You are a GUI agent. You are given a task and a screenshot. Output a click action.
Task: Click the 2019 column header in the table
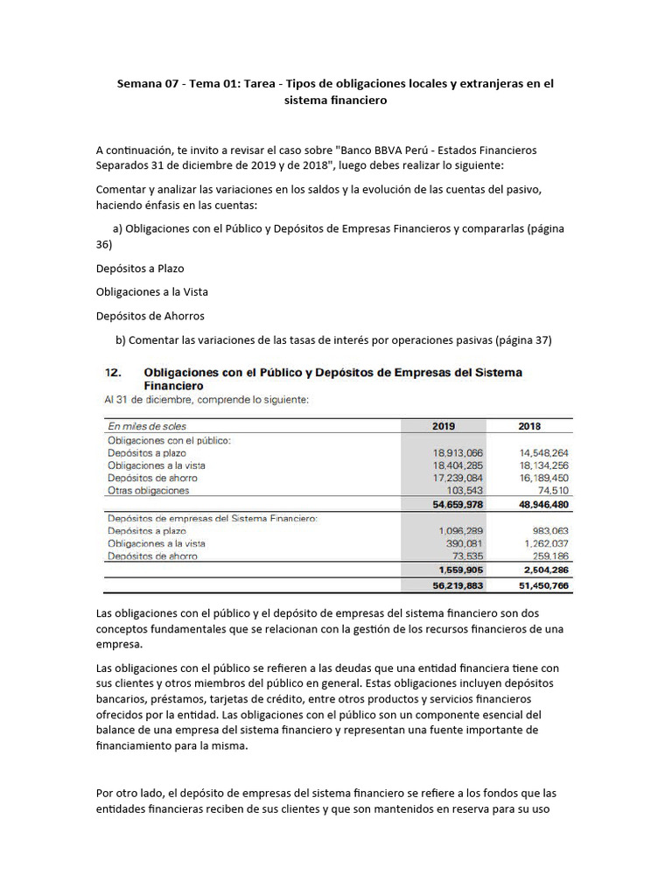[x=444, y=426]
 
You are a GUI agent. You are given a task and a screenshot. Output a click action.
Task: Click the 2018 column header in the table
[x=529, y=426]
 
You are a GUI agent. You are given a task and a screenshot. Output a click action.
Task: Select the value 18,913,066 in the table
[x=458, y=453]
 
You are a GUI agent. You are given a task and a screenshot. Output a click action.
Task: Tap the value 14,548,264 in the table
[x=543, y=453]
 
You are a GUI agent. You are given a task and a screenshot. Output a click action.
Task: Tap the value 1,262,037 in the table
[x=545, y=543]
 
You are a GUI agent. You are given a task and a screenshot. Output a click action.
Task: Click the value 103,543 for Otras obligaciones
[x=465, y=491]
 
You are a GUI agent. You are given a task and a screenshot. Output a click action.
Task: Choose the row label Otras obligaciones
[x=148, y=491]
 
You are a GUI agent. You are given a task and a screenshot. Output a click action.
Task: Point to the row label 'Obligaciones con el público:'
[x=169, y=441]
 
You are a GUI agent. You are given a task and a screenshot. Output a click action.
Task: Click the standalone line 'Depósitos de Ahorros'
[x=150, y=316]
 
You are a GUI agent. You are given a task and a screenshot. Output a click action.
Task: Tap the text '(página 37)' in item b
[x=521, y=339]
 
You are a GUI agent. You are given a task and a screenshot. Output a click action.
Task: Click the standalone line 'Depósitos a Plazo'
[x=140, y=269]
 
